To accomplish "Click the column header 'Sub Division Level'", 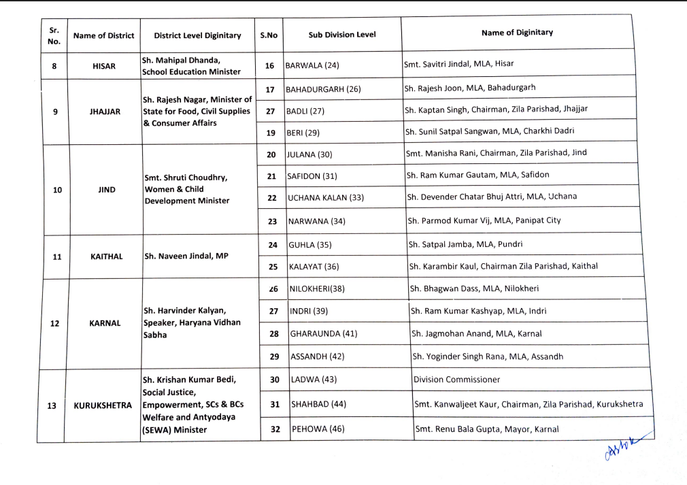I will pyautogui.click(x=341, y=35).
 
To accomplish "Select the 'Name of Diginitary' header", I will pyautogui.click(x=517, y=32).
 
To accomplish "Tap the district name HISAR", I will pyautogui.click(x=104, y=66).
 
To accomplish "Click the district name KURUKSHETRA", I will pyautogui.click(x=103, y=405).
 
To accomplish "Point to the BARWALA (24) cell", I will pyautogui.click(x=312, y=65).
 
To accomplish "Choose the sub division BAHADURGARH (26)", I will pyautogui.click(x=323, y=89).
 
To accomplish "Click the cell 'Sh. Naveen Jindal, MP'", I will pyautogui.click(x=186, y=256).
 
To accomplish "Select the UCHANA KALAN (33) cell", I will pyautogui.click(x=326, y=197).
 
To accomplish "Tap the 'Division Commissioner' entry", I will pyautogui.click(x=456, y=380).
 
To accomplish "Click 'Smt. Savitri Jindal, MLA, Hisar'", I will pyautogui.click(x=459, y=64).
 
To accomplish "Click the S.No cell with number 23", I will pyautogui.click(x=271, y=221).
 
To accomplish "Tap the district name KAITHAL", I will pyautogui.click(x=106, y=256).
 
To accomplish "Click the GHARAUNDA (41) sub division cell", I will pyautogui.click(x=324, y=333).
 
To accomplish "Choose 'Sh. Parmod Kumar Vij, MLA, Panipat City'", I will pyautogui.click(x=484, y=220).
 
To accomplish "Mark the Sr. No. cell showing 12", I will pyautogui.click(x=54, y=323).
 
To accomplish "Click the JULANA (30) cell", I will pyautogui.click(x=310, y=154).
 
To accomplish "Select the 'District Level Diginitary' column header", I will pyautogui.click(x=197, y=35).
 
